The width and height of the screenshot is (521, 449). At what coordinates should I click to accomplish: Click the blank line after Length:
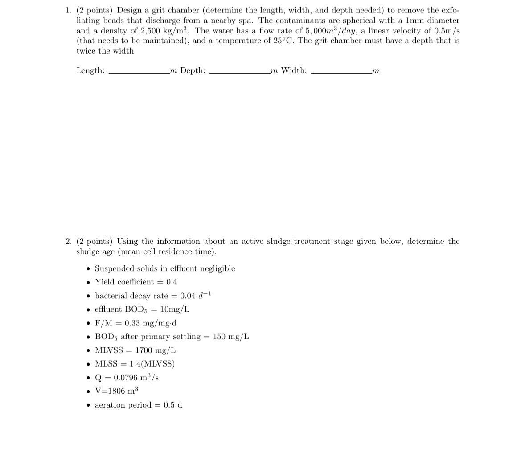pyautogui.click(x=138, y=73)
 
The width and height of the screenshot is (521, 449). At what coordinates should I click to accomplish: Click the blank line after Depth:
pyautogui.click(x=239, y=73)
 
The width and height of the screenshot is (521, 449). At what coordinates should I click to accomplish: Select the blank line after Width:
pyautogui.click(x=341, y=73)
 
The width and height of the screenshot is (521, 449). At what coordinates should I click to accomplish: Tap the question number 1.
pyautogui.click(x=67, y=10)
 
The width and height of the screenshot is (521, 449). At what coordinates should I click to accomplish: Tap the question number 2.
pyautogui.click(x=68, y=242)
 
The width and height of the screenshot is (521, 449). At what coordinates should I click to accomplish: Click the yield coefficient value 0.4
pyautogui.click(x=172, y=282)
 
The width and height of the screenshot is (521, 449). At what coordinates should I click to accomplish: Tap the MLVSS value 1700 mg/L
pyautogui.click(x=156, y=350)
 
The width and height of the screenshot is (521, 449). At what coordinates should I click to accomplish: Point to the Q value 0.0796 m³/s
pyautogui.click(x=136, y=378)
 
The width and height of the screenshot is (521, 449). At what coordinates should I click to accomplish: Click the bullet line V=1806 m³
pyautogui.click(x=116, y=391)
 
